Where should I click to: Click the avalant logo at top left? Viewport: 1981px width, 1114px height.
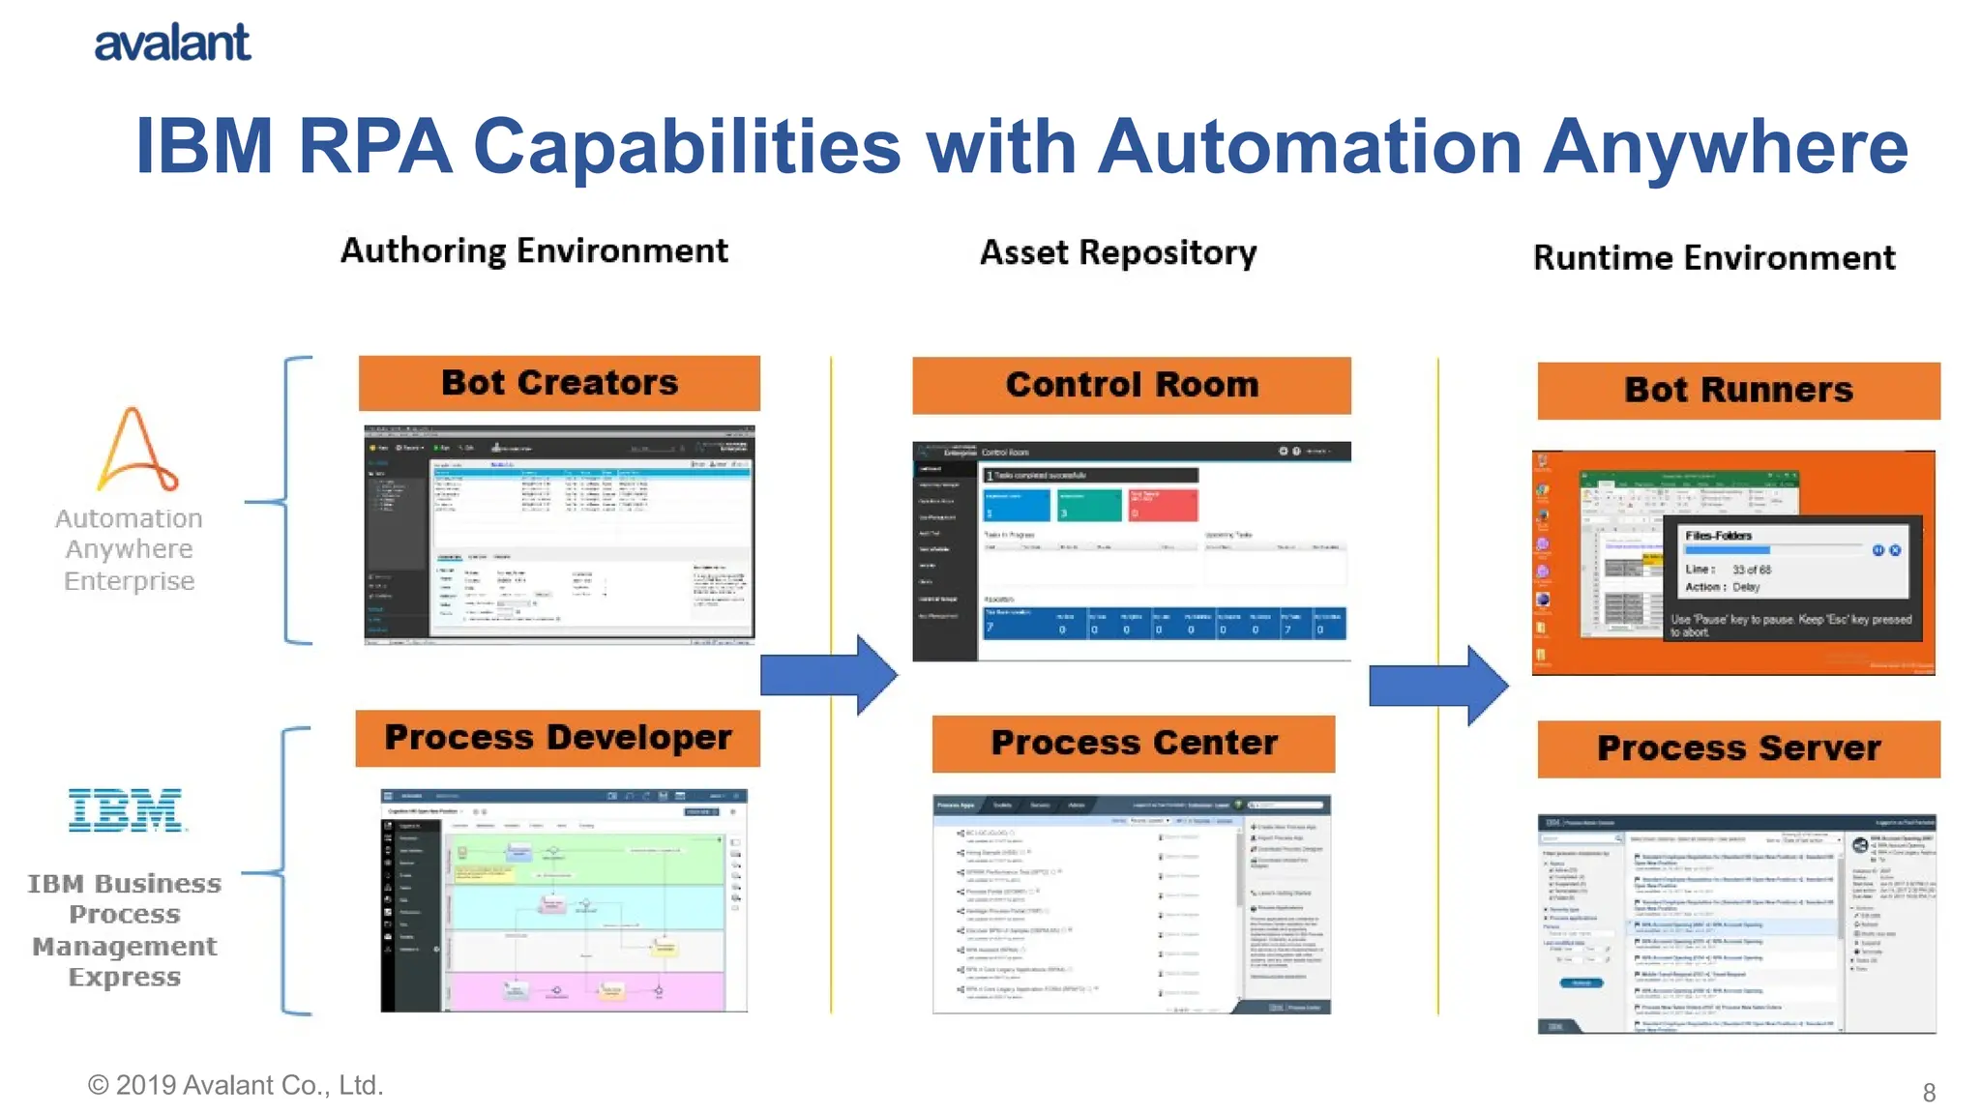(172, 44)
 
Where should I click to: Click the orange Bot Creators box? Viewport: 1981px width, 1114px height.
(559, 383)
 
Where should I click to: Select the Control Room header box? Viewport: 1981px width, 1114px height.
(1131, 385)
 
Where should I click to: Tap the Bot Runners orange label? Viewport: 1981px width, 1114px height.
(1737, 391)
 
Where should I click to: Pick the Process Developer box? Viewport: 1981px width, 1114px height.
(557, 738)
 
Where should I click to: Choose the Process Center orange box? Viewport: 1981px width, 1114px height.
(1133, 744)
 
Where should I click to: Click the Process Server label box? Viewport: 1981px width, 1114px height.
(1737, 748)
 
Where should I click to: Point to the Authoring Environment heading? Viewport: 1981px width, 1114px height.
(534, 251)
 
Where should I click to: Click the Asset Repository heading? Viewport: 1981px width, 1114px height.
(1117, 253)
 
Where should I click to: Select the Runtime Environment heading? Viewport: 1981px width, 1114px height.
(1713, 258)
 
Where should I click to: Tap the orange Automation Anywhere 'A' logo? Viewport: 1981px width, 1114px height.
(135, 450)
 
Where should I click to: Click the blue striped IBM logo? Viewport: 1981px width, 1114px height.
(126, 809)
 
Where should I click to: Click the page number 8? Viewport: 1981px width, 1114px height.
(1928, 1093)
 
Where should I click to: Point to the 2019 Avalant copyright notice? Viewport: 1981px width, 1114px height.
(235, 1085)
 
